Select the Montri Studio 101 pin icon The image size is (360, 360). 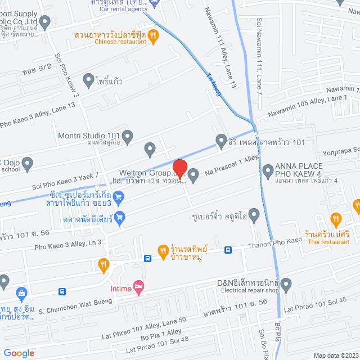[x=128, y=136]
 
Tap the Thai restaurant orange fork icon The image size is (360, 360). [x=336, y=218]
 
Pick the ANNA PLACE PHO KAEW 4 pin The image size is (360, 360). [x=267, y=168]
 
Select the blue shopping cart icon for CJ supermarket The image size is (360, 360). [x=118, y=196]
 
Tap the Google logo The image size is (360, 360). [x=19, y=353]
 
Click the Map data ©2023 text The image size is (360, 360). [x=335, y=355]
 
